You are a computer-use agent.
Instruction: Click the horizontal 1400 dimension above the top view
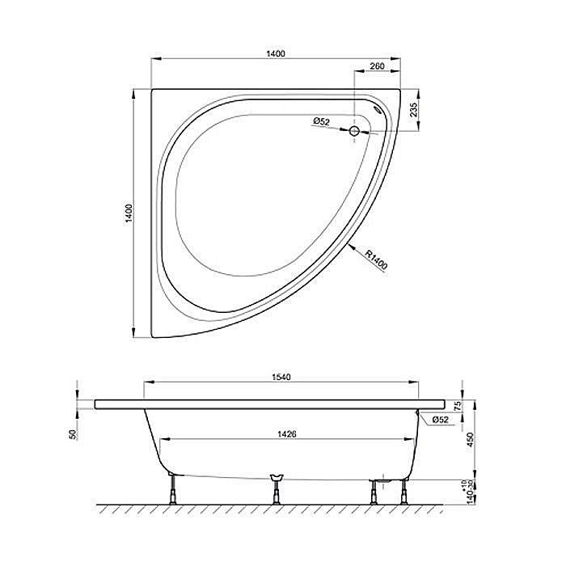coord(276,53)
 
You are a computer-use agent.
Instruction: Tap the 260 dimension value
coord(376,67)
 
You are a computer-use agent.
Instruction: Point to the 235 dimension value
coord(413,109)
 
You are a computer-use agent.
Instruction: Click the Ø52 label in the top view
coord(322,122)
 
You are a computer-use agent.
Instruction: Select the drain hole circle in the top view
coord(354,129)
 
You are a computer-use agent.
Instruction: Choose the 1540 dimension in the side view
coord(281,377)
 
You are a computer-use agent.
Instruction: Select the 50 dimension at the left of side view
coord(72,434)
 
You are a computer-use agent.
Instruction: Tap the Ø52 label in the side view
coord(440,420)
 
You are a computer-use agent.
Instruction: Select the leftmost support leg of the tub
coord(173,489)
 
